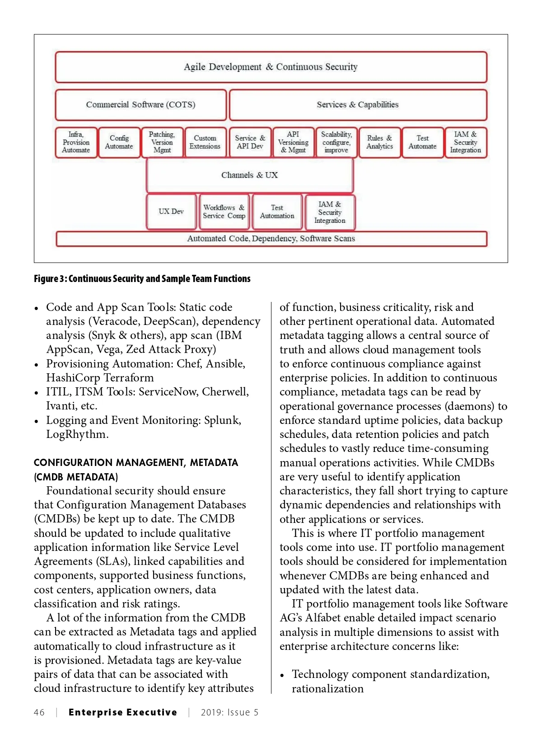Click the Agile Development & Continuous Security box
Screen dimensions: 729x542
click(x=271, y=67)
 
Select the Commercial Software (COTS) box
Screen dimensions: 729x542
click(x=140, y=104)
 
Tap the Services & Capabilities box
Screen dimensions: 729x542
click(x=358, y=104)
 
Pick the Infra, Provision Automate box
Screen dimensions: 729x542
click(x=76, y=142)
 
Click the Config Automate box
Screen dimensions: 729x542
click(x=119, y=142)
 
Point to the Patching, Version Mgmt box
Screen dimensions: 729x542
click(x=162, y=142)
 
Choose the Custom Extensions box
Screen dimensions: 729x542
click(x=205, y=142)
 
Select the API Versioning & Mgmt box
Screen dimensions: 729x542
click(x=293, y=142)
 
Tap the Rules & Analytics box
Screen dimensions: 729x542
click(x=379, y=142)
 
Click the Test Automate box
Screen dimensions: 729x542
click(x=422, y=142)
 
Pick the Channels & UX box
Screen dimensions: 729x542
click(x=249, y=175)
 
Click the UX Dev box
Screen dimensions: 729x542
click(x=171, y=212)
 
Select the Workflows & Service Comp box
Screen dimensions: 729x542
click(x=224, y=212)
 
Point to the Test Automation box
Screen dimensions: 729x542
click(x=277, y=212)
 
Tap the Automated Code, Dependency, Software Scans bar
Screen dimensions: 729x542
click(x=271, y=239)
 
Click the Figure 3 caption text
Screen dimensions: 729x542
click(x=142, y=278)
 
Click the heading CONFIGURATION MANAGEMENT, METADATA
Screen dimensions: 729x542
click(x=136, y=462)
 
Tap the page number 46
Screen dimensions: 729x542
click(x=39, y=712)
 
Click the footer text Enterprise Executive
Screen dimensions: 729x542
click(x=123, y=712)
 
